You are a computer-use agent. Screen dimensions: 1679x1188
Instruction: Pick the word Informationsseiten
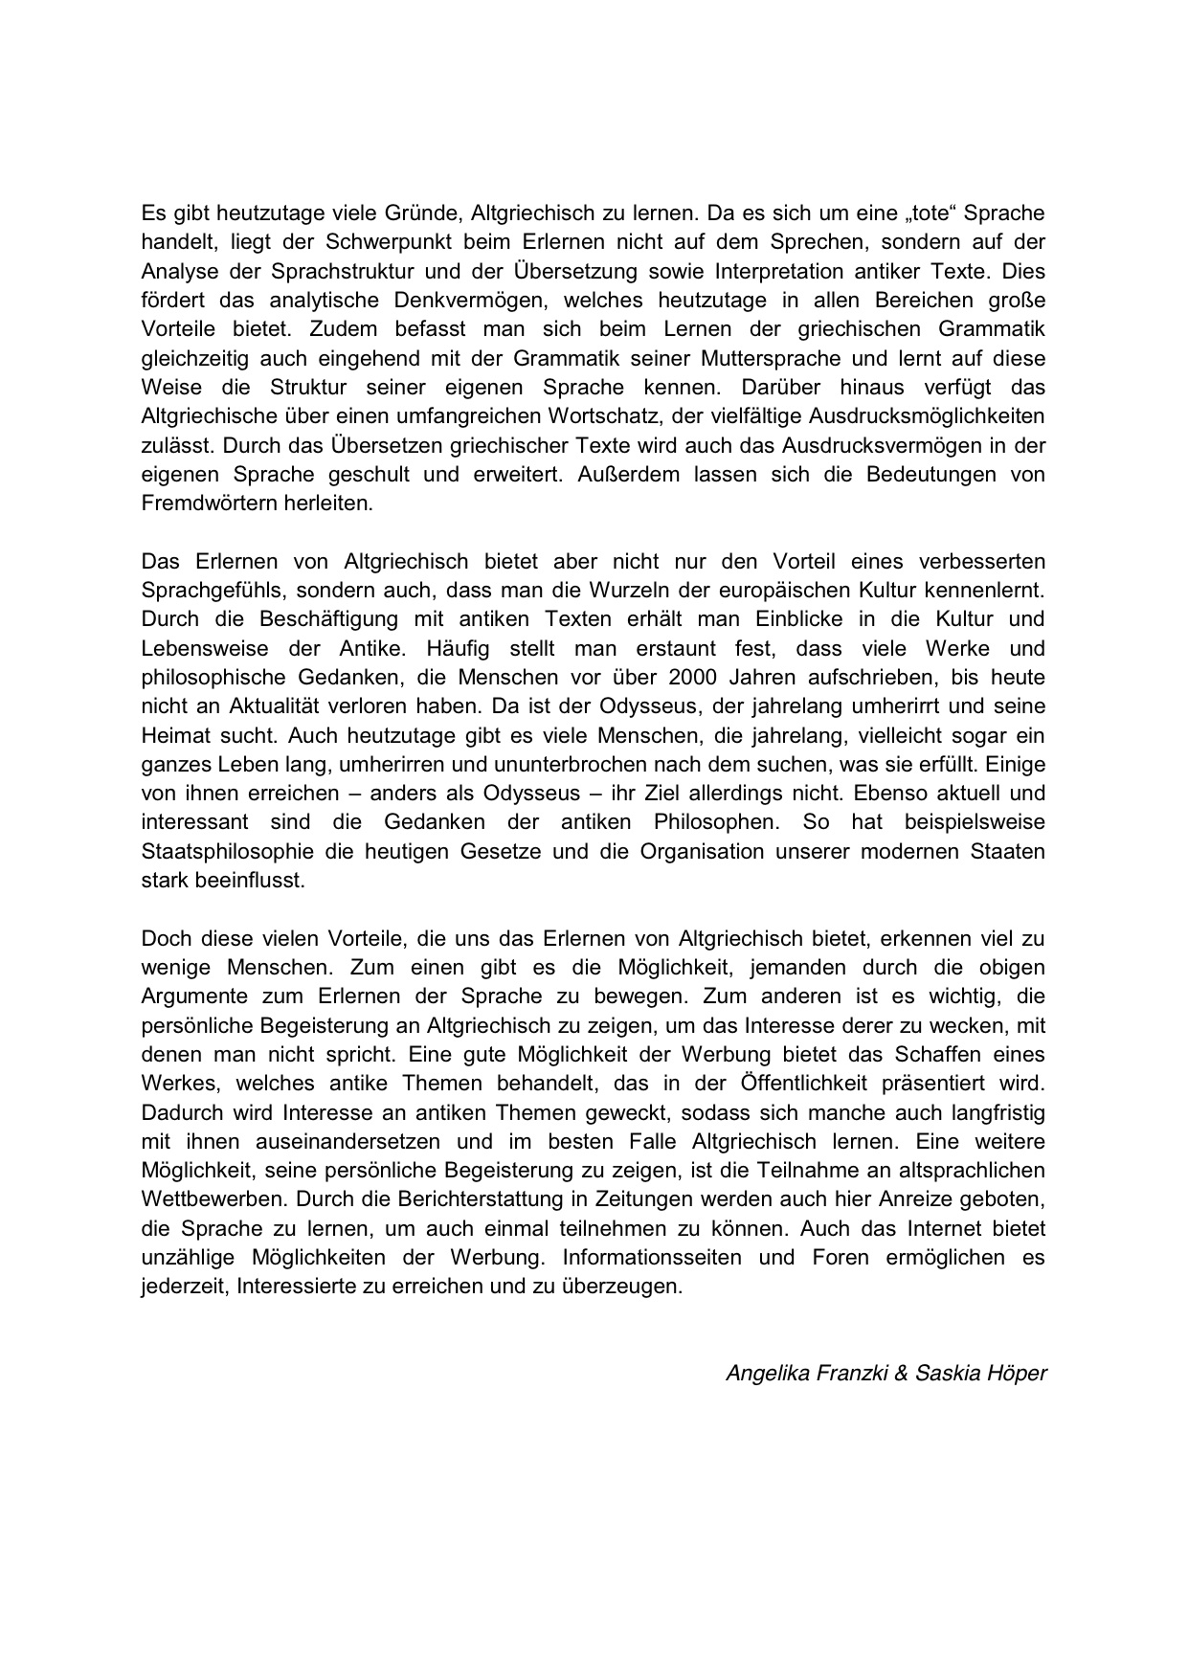(655, 1257)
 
